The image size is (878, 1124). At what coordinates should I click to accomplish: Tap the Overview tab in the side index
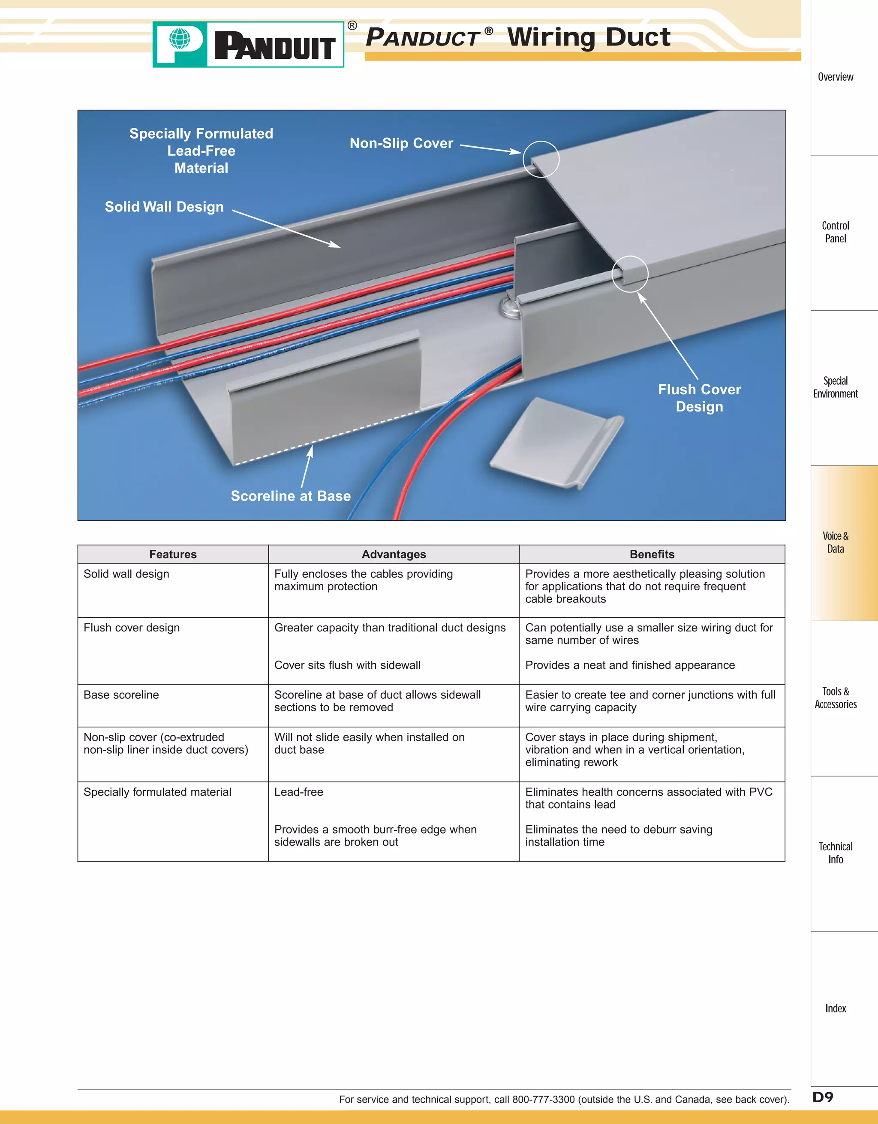[x=835, y=77]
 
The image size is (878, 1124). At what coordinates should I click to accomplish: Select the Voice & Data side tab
[x=835, y=542]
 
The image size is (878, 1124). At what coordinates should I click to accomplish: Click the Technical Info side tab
[x=835, y=853]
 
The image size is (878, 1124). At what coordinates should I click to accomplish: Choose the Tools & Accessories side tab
[x=835, y=698]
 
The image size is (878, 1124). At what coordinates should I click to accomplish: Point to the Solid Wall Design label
[x=164, y=207]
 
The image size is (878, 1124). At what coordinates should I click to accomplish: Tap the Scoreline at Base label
[x=291, y=496]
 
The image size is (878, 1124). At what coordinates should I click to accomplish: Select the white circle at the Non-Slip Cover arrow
[x=541, y=159]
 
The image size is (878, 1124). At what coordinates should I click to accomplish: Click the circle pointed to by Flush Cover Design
[x=630, y=274]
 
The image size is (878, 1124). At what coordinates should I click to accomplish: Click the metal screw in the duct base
[x=509, y=307]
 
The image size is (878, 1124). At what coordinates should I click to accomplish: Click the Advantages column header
[x=394, y=554]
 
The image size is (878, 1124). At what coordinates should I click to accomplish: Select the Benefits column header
[x=652, y=554]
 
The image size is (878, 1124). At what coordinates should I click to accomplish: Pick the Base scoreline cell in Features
[x=121, y=695]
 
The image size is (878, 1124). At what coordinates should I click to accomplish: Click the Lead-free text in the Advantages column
[x=299, y=792]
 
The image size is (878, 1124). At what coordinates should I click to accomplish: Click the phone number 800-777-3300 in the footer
[x=543, y=1099]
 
